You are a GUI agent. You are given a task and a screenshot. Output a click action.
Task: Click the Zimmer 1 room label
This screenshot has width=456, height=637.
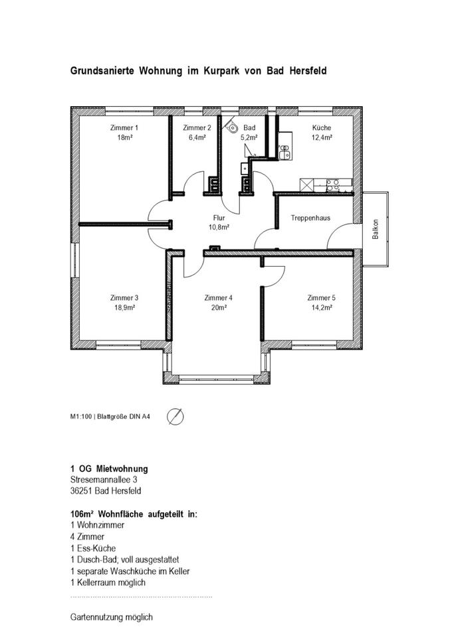pyautogui.click(x=124, y=128)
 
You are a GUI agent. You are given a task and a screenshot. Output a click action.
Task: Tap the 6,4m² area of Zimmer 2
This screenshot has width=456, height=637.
pyautogui.click(x=197, y=138)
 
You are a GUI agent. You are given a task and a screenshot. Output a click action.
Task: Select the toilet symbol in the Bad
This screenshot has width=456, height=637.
pyautogui.click(x=232, y=127)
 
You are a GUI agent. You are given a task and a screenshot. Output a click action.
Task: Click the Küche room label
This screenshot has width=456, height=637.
pyautogui.click(x=322, y=128)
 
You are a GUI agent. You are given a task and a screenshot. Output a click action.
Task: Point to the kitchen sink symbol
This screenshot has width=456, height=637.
pyautogui.click(x=285, y=151)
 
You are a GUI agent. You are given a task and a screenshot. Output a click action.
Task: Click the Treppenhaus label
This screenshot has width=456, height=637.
pyautogui.click(x=310, y=218)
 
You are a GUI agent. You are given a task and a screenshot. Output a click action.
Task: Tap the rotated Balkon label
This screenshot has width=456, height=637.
pyautogui.click(x=376, y=229)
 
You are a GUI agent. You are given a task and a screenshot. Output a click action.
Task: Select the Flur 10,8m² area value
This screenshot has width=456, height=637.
pyautogui.click(x=219, y=228)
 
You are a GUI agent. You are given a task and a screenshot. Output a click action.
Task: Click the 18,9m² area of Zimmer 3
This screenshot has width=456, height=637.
pyautogui.click(x=124, y=308)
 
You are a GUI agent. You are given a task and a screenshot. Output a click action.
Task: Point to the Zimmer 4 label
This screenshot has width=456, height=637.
pyautogui.click(x=219, y=298)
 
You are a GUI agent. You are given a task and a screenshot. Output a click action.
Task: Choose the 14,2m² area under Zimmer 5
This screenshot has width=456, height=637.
pyautogui.click(x=322, y=308)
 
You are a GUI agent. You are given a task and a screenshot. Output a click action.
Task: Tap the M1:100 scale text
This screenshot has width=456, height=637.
pyautogui.click(x=81, y=417)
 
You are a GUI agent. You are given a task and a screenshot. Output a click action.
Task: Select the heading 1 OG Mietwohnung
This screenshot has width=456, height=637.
pyautogui.click(x=109, y=469)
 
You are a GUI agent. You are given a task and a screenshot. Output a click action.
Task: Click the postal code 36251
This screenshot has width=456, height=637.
pyautogui.click(x=81, y=491)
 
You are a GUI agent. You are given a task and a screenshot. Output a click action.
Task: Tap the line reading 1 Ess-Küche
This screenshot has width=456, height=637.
pyautogui.click(x=93, y=549)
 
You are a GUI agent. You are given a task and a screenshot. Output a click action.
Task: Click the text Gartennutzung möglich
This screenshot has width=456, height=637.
pyautogui.click(x=112, y=618)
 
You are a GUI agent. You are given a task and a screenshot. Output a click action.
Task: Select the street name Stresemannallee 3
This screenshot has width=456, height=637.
pyautogui.click(x=104, y=480)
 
